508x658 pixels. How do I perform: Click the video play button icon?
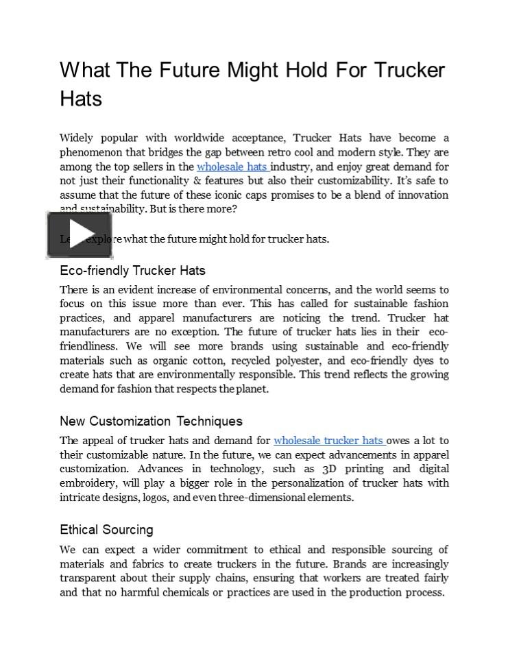pyautogui.click(x=80, y=235)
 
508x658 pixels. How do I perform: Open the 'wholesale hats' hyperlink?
pyautogui.click(x=232, y=167)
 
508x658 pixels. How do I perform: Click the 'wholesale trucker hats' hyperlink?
pyautogui.click(x=328, y=441)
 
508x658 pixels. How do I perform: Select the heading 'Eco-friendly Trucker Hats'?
pyautogui.click(x=132, y=271)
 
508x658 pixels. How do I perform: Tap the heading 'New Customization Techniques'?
pyautogui.click(x=151, y=421)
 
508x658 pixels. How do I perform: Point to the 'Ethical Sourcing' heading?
pyautogui.click(x=106, y=530)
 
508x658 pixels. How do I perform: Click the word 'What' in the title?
pyautogui.click(x=84, y=71)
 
